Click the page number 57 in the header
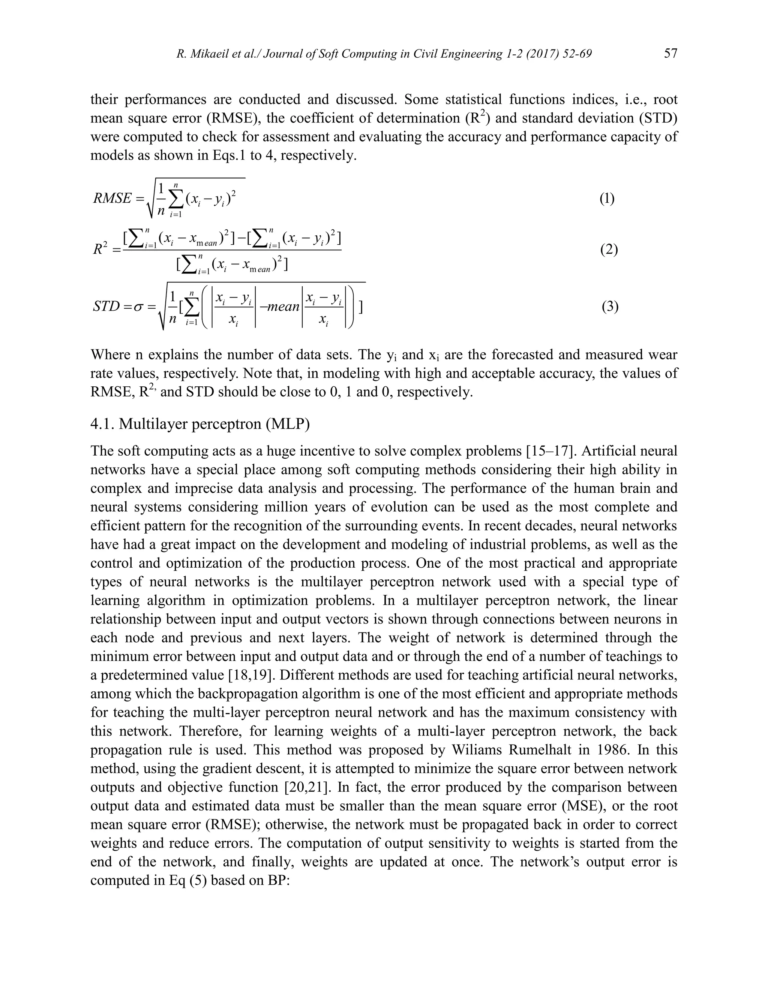pyautogui.click(x=670, y=54)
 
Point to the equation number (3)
pyautogui.click(x=610, y=307)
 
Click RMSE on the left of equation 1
pyautogui.click(x=112, y=199)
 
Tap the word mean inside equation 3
pyautogui.click(x=283, y=307)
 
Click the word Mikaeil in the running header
pyautogui.click(x=208, y=54)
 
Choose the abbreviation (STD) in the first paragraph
pyautogui.click(x=657, y=118)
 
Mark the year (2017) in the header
pyautogui.click(x=536, y=54)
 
